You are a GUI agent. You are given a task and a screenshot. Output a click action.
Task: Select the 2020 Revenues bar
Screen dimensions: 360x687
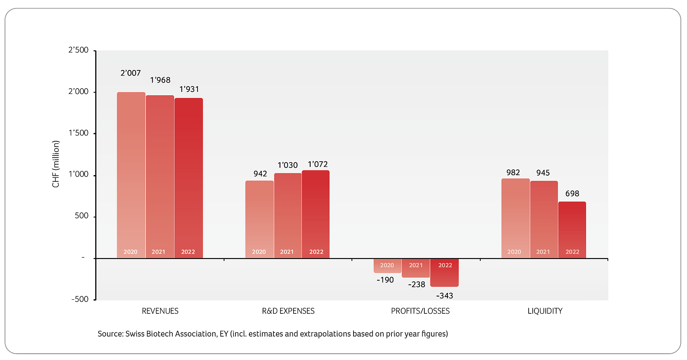[131, 174]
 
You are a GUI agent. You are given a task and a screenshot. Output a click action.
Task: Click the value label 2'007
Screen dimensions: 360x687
[130, 73]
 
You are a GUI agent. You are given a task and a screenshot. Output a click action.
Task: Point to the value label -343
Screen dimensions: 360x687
[444, 296]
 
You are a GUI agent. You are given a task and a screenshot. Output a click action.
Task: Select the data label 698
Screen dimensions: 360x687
[572, 194]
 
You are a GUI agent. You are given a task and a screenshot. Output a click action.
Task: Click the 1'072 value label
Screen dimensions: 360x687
[318, 164]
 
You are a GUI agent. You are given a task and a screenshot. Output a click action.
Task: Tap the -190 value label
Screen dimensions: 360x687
[385, 280]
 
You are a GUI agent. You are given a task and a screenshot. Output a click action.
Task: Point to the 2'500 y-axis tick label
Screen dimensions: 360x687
[78, 50]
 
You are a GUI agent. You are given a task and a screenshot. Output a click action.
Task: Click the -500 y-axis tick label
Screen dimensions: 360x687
[80, 299]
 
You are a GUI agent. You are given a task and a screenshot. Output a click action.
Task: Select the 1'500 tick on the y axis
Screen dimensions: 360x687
[78, 133]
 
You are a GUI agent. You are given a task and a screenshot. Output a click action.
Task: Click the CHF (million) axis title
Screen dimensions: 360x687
[56, 164]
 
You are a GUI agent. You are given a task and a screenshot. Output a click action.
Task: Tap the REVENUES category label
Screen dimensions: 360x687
[160, 311]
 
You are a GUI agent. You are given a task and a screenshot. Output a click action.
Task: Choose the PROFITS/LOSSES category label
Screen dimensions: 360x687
[420, 311]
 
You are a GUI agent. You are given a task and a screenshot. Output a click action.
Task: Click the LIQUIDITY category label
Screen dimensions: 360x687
[545, 311]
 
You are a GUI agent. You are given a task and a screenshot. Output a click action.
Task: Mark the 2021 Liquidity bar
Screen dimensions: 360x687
[544, 219]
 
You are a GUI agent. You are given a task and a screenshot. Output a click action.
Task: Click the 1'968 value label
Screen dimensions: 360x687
[160, 80]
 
